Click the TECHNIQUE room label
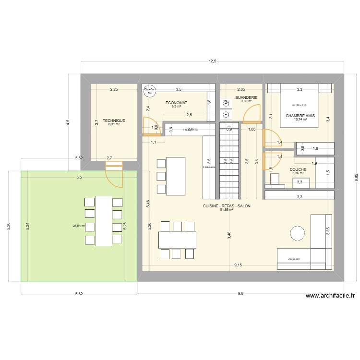114,120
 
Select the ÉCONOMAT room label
176,103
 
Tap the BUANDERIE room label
247,97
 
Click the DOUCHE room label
298,169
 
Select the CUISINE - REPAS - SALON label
227,205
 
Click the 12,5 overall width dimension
212,61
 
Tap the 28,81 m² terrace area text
78,226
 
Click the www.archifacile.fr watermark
330,297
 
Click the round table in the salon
297,234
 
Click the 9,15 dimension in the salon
238,264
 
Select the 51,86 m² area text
227,210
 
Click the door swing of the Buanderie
252,114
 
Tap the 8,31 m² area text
114,124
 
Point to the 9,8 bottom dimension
240,294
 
